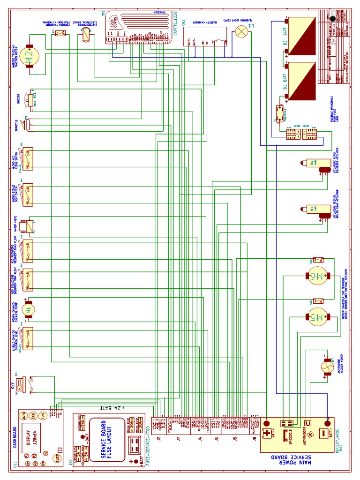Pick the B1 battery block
point(301,82)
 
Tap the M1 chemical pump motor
point(30,309)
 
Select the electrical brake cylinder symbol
point(86,36)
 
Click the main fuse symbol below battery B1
point(279,113)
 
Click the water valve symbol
point(30,226)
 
